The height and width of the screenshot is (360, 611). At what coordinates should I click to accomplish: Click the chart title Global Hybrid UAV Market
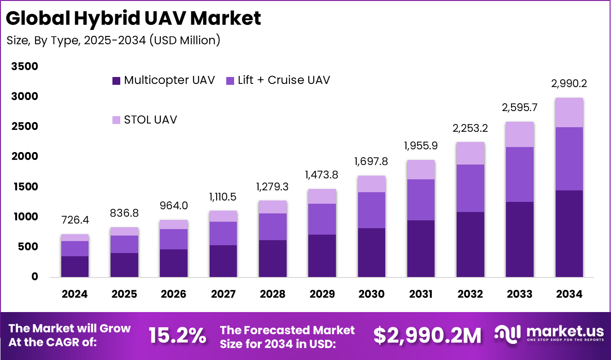(x=134, y=18)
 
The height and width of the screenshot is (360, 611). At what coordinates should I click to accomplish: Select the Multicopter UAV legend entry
(x=164, y=80)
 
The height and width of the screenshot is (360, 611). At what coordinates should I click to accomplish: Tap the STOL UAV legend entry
(x=145, y=120)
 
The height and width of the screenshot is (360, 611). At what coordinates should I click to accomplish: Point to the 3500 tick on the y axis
(x=25, y=66)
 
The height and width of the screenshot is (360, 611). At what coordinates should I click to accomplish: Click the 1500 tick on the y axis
(x=25, y=187)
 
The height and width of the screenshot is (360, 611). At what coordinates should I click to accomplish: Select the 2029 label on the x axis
(x=322, y=294)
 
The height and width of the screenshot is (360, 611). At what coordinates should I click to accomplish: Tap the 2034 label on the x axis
(x=569, y=294)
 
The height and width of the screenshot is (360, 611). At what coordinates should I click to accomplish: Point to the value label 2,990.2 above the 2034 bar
(x=569, y=83)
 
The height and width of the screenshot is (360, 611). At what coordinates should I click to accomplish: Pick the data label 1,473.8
(x=322, y=175)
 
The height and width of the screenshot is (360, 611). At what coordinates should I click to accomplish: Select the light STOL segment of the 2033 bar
(x=519, y=134)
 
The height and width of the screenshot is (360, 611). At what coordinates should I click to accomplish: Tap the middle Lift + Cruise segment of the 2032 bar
(x=470, y=188)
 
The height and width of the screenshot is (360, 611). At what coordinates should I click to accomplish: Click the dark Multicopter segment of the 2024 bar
(x=75, y=266)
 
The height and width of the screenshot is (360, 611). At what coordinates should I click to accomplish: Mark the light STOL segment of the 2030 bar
(x=371, y=184)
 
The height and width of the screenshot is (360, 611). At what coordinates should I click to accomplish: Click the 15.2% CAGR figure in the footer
(x=177, y=336)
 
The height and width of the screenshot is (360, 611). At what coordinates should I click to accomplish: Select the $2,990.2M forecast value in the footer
(x=427, y=336)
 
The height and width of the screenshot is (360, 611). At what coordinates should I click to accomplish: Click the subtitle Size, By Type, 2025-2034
(x=113, y=41)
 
